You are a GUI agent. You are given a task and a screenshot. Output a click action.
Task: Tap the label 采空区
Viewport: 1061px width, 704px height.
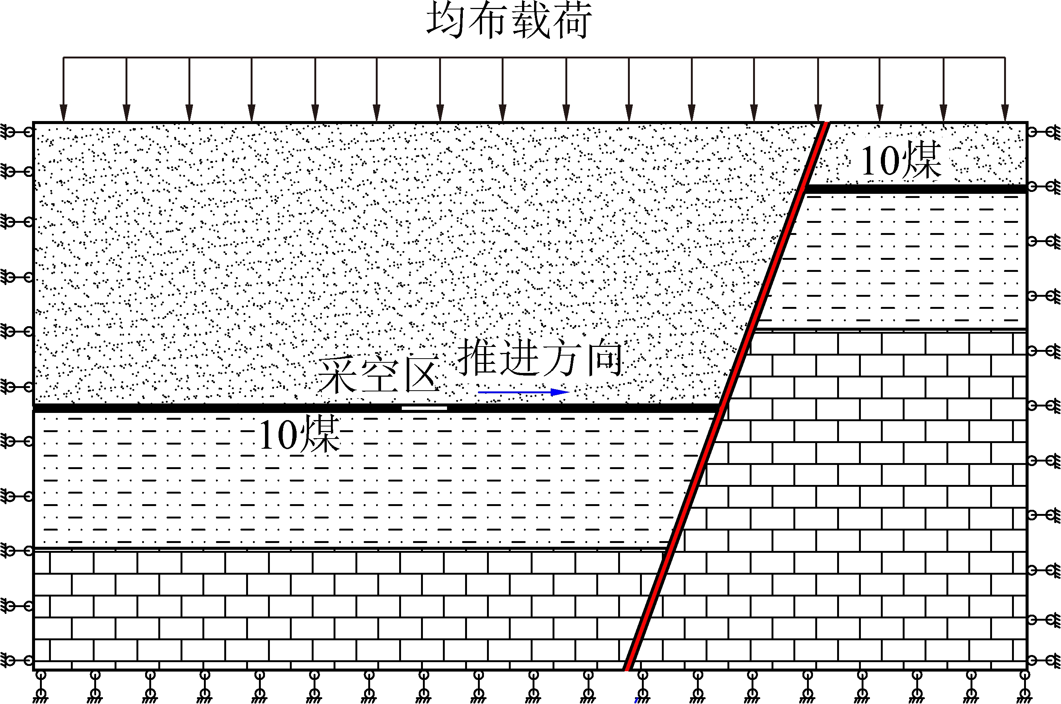[x=378, y=375]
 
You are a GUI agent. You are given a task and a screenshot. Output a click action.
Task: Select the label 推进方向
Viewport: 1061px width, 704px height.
[x=540, y=357]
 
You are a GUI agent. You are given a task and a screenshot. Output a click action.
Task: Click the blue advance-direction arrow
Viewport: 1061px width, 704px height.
[x=523, y=392]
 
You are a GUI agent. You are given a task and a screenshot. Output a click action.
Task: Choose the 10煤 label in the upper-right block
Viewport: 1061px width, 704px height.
[x=900, y=160]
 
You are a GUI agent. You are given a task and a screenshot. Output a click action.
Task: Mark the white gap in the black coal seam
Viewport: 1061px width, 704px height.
[x=424, y=408]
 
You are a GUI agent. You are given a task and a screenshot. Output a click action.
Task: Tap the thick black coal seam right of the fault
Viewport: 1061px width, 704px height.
[x=916, y=189]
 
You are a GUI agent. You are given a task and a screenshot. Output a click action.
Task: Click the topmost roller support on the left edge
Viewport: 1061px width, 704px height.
[x=17, y=132]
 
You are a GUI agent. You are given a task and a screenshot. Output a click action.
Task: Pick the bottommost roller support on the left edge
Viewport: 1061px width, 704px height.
[x=17, y=660]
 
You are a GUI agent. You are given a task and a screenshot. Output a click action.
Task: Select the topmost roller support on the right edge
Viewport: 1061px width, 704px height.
[x=1044, y=132]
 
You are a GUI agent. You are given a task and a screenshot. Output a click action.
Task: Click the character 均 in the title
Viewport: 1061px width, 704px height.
[x=446, y=20]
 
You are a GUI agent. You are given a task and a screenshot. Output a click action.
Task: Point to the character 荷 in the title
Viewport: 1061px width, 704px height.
[x=571, y=20]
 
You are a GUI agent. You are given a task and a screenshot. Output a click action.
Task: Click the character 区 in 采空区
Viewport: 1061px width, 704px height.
[x=421, y=375]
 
